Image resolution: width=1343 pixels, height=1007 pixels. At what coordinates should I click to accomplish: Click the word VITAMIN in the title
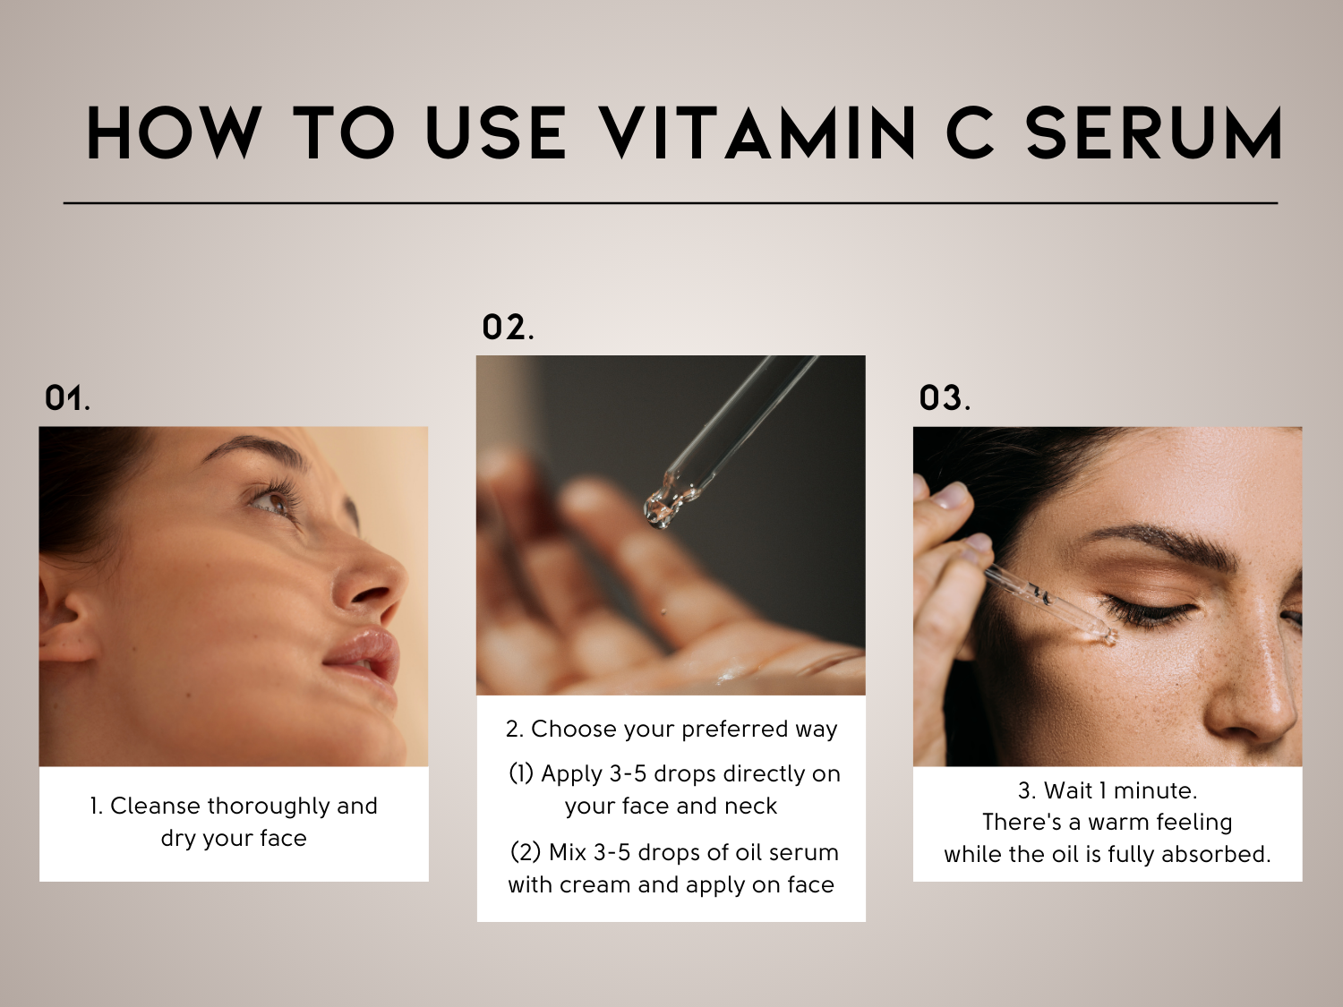(757, 133)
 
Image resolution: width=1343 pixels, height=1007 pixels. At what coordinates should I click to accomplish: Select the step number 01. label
(67, 398)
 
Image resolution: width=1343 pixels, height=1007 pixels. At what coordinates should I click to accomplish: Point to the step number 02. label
(508, 327)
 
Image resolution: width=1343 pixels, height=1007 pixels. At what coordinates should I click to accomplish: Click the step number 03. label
(945, 398)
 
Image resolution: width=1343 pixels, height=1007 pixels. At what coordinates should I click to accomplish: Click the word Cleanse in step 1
(156, 806)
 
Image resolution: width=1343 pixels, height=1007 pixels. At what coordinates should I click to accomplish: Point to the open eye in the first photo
(269, 502)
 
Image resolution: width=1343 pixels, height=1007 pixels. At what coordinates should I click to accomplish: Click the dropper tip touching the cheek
(1108, 637)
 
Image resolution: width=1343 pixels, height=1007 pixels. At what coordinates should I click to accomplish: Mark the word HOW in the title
(174, 133)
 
